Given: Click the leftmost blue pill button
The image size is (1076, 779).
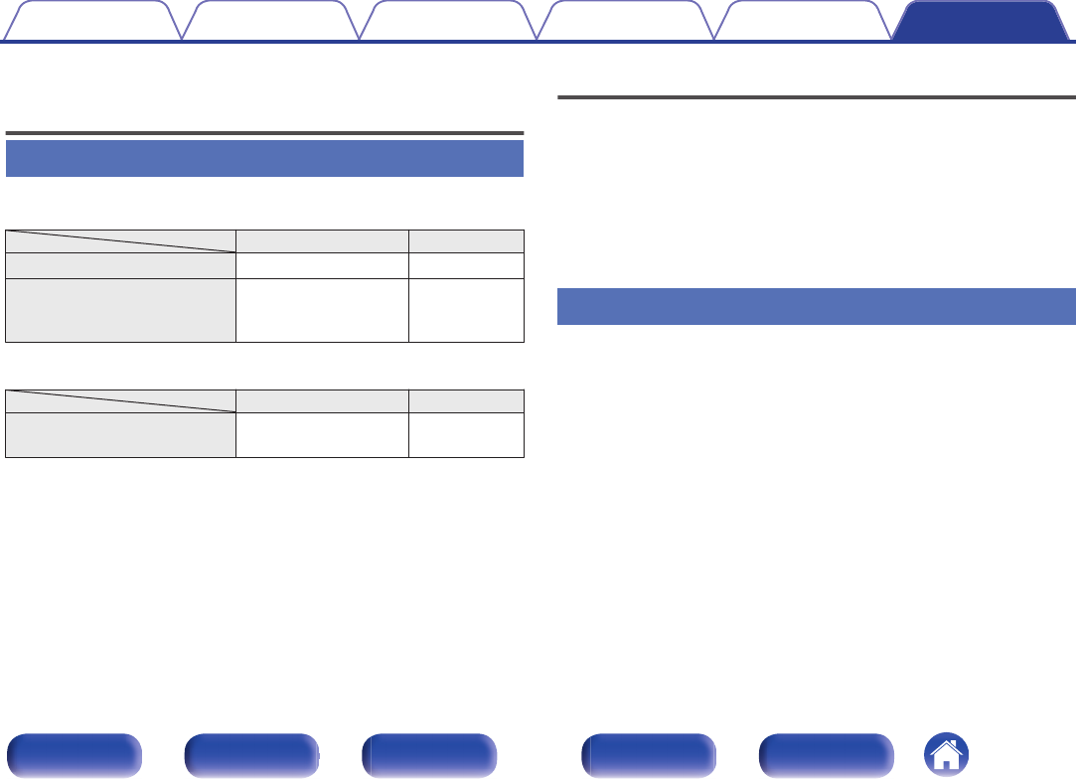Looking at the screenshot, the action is pos(74,753).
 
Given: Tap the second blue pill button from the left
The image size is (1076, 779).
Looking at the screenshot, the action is pos(251,753).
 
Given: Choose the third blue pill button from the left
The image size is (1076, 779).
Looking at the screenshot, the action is pos(429,753).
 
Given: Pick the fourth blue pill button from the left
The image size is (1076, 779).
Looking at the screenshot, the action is pos(649,753).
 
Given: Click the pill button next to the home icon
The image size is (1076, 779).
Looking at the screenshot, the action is pos(826,753).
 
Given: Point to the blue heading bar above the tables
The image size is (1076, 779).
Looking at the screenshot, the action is pos(264,158).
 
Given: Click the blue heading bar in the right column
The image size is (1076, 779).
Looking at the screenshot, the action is pos(817,306).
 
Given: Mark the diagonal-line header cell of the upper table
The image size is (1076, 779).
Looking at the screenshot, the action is pos(120,239).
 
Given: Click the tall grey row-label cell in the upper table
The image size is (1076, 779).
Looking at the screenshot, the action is pos(120,310).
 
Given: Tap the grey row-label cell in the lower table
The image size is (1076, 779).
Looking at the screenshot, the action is pos(120,433).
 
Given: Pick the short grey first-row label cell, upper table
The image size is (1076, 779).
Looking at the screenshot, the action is pos(120,264).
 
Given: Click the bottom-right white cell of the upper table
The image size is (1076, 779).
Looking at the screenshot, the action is pos(466,310).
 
